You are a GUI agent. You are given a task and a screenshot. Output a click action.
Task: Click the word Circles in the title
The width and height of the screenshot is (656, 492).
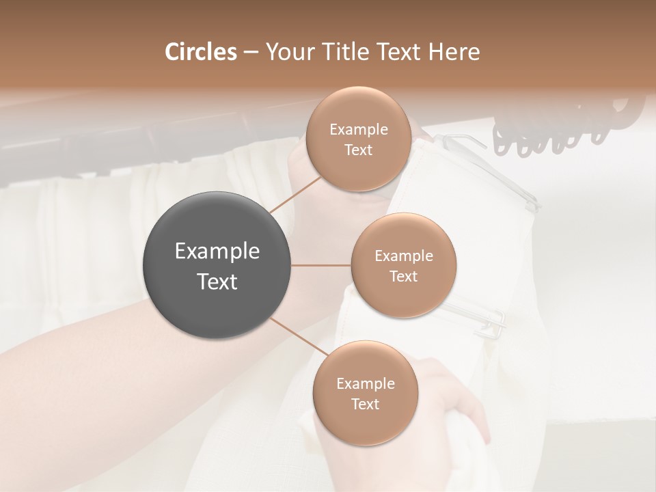[x=200, y=52]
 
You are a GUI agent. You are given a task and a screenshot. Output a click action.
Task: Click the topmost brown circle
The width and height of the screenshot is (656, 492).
[x=358, y=139]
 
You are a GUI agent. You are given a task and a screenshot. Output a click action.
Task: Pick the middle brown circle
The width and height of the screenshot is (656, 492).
[x=403, y=265]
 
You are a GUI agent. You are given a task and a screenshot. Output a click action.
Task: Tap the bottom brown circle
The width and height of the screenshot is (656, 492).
[x=365, y=393]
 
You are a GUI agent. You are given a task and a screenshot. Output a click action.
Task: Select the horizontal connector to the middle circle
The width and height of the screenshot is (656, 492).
[x=321, y=265]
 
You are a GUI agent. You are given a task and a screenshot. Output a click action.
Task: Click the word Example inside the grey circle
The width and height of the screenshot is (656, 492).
[x=217, y=251]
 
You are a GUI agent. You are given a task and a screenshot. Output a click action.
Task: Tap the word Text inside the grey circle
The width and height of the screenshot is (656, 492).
[x=217, y=282]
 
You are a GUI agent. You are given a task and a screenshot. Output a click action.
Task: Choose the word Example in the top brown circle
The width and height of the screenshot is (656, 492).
[x=358, y=129]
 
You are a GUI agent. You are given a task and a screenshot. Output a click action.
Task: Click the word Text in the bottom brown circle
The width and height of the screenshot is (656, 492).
[x=365, y=404]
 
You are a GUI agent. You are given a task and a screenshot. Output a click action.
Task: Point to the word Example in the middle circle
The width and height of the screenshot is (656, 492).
[x=403, y=256]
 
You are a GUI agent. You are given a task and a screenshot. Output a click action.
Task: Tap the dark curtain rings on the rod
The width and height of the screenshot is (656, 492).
[x=560, y=126]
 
